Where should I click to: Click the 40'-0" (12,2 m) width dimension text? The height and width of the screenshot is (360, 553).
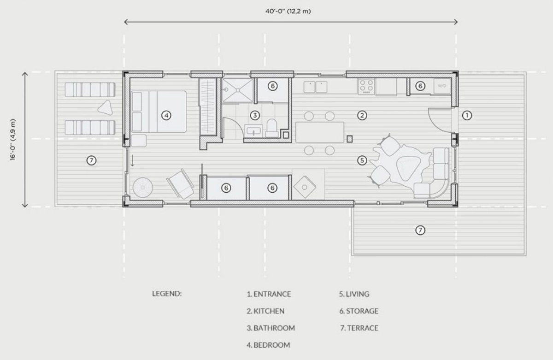[288, 12]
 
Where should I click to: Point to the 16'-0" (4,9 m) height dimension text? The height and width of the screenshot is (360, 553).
[13, 140]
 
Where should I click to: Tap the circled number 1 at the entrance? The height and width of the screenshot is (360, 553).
[467, 115]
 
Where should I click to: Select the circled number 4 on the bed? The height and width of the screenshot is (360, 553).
[166, 115]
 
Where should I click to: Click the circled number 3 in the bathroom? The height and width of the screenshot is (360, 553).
[255, 115]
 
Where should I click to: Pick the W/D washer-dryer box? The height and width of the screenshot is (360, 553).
[442, 86]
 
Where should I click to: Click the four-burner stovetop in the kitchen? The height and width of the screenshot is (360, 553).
[366, 86]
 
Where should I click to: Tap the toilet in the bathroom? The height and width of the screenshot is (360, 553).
[272, 128]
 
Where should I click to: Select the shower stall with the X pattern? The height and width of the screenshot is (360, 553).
[237, 90]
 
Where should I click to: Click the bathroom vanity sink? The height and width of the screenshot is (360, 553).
[253, 130]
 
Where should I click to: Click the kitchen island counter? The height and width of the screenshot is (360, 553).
[320, 132]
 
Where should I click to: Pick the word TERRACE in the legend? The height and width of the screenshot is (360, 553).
[363, 328]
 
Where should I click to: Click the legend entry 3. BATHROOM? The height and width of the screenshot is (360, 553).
[271, 328]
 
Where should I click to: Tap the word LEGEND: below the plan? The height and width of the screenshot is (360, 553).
[167, 294]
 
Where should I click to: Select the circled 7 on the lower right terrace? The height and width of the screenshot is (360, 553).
[420, 230]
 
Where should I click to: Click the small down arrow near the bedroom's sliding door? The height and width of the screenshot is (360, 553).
[132, 160]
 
